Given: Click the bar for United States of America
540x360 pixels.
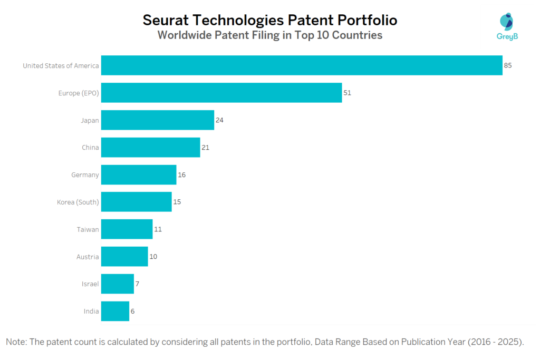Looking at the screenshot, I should [302, 65].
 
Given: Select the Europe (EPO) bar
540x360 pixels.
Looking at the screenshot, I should [221, 93].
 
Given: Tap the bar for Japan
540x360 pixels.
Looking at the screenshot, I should [158, 120].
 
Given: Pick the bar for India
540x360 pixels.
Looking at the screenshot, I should [115, 311].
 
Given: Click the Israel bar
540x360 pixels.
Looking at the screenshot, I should [118, 284].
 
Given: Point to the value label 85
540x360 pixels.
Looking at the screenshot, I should [508, 65].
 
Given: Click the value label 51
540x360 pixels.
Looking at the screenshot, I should [347, 93].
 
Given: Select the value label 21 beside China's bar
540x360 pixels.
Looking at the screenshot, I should [206, 148].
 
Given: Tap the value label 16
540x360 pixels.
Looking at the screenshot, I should [181, 174].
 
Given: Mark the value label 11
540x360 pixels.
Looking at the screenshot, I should [158, 229].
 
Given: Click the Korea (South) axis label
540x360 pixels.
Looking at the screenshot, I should [78, 202].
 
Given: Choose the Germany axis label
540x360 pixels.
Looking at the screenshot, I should [85, 174].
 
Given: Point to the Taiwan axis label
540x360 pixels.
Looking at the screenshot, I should [88, 229].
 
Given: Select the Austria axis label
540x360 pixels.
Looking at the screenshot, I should [88, 257].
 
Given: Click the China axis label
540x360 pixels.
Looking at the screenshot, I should [90, 148].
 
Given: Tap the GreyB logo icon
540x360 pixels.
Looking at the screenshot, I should [506, 22].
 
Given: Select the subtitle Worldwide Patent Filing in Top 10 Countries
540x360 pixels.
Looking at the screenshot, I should [270, 36].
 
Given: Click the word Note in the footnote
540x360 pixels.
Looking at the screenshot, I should [16, 342].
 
